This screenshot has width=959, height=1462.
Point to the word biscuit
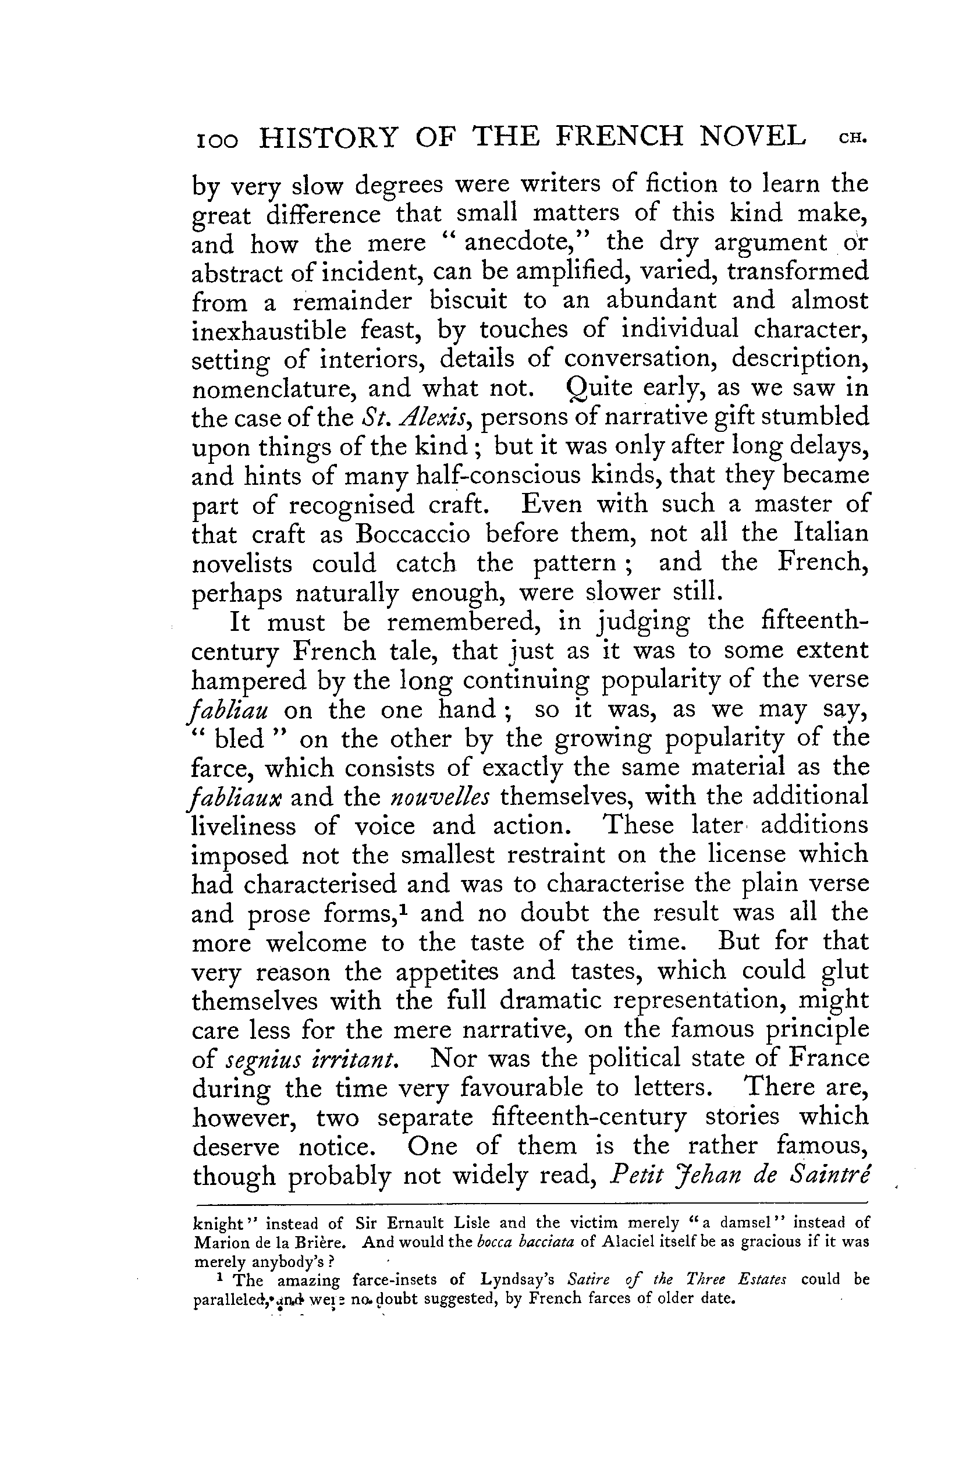[468, 301]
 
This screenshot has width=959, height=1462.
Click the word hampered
[250, 680]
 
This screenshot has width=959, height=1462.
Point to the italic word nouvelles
[441, 797]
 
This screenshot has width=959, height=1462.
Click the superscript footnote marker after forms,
[407, 907]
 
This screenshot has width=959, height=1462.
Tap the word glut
[846, 972]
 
